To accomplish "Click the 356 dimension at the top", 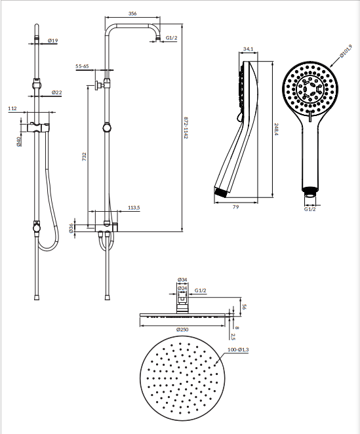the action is click(132, 13).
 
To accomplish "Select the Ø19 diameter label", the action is click(52, 41).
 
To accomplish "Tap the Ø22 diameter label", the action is click(56, 92).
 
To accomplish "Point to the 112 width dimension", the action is click(12, 109).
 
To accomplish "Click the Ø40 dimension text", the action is click(19, 141).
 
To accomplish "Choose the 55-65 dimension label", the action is click(82, 66).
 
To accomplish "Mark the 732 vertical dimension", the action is click(85, 157).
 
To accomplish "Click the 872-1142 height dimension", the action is click(186, 128).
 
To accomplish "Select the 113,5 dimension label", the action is click(134, 208).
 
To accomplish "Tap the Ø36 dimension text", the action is click(71, 228).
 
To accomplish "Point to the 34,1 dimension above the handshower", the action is click(248, 49).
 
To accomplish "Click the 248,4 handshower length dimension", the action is click(276, 129).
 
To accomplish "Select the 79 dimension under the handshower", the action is click(235, 207).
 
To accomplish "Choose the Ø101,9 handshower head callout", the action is click(346, 52).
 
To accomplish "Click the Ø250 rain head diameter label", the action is click(182, 329).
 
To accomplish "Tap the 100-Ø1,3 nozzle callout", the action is click(238, 350).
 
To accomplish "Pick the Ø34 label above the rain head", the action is click(182, 279).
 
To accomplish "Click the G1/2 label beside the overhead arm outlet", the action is click(171, 38).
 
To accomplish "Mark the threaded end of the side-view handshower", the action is click(221, 192).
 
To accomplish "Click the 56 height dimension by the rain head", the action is click(244, 307).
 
